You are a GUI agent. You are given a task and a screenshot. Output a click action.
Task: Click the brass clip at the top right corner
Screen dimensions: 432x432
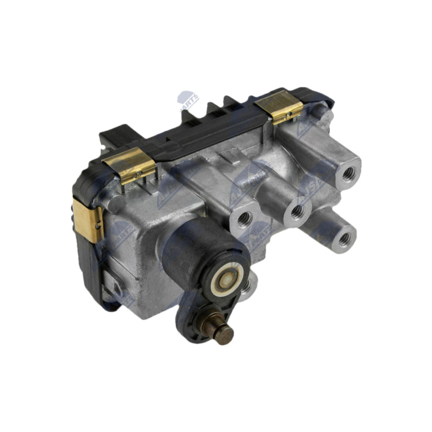click(x=286, y=106)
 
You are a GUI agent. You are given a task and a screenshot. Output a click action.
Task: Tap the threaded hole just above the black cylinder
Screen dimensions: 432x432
click(x=244, y=219)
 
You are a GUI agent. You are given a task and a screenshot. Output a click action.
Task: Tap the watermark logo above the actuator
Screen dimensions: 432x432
click(x=188, y=100)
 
